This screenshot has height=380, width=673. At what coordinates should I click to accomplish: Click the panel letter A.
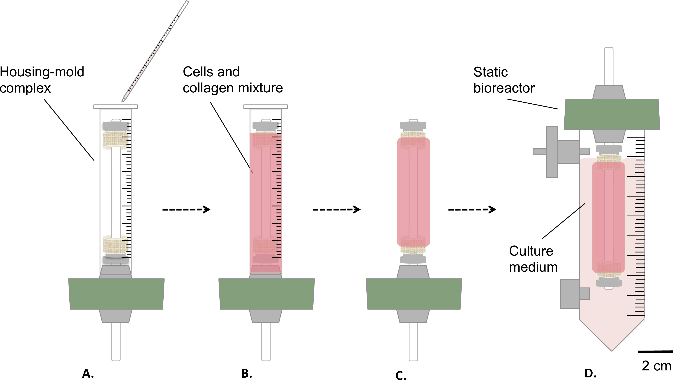click(88, 374)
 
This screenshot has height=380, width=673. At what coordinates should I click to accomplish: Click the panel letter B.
click(246, 374)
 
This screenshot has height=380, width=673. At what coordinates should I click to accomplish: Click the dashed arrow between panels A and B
click(186, 209)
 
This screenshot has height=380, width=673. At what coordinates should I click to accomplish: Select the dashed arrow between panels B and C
click(336, 209)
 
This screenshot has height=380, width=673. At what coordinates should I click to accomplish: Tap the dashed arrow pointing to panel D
click(472, 209)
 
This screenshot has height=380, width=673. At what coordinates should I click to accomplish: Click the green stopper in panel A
click(116, 294)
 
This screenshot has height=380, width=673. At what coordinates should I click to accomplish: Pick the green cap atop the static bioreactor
click(612, 114)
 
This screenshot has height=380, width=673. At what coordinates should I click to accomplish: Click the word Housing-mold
click(42, 72)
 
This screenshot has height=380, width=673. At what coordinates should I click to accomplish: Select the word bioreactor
click(504, 88)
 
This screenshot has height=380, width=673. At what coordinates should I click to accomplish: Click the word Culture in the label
click(531, 251)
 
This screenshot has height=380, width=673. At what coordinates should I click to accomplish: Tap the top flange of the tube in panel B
click(265, 107)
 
